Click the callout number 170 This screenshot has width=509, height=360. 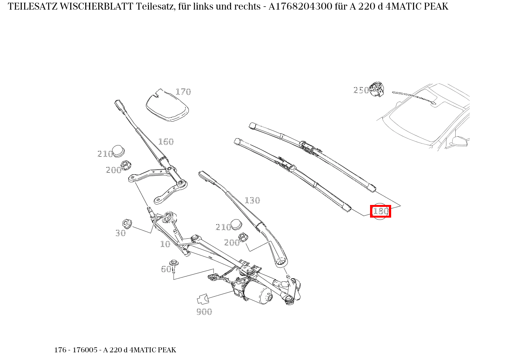[183, 92]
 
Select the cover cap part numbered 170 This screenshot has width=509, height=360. [167, 106]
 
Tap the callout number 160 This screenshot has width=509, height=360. [166, 142]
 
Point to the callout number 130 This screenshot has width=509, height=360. [252, 200]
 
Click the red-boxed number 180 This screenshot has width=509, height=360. [380, 211]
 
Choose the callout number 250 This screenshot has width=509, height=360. [360, 90]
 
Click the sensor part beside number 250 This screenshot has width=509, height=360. [377, 89]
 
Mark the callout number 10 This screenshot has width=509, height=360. [165, 244]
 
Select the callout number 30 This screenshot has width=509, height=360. [121, 233]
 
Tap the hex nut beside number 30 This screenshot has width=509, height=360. [127, 223]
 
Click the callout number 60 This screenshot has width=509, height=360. [166, 269]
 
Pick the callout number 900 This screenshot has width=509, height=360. [204, 312]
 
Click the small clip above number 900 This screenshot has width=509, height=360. [202, 299]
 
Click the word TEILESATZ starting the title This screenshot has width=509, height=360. [32, 7]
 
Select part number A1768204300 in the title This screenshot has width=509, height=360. [301, 7]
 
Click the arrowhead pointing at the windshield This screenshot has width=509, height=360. [435, 102]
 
